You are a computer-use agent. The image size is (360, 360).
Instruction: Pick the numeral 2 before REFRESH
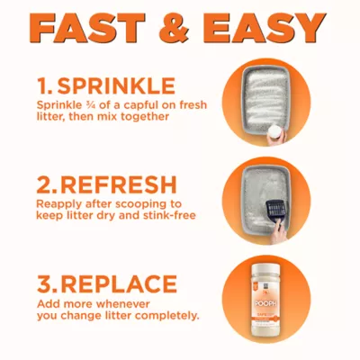point(45,185)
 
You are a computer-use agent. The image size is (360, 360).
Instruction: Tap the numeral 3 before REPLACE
point(45,284)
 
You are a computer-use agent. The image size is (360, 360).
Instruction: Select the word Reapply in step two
point(58,204)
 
